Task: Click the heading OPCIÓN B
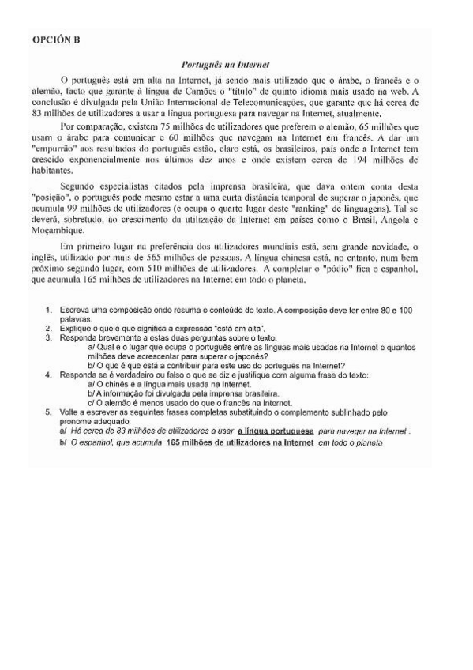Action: click(x=56, y=40)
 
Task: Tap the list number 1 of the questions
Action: click(x=50, y=308)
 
